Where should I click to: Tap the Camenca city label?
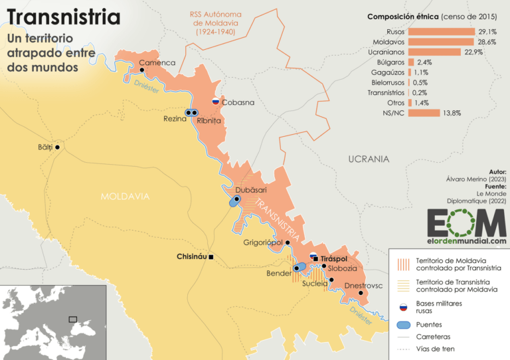(157, 62)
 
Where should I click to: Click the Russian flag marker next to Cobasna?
(215, 102)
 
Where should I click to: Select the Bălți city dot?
(58, 147)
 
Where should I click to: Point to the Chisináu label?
(192, 256)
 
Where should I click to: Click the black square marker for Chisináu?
(211, 256)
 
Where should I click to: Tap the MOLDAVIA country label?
(126, 196)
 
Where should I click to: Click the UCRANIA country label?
(369, 159)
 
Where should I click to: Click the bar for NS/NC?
(424, 113)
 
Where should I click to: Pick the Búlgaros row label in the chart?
(390, 62)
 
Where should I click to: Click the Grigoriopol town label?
(263, 242)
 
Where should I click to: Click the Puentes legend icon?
(401, 325)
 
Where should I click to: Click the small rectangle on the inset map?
(73, 319)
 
